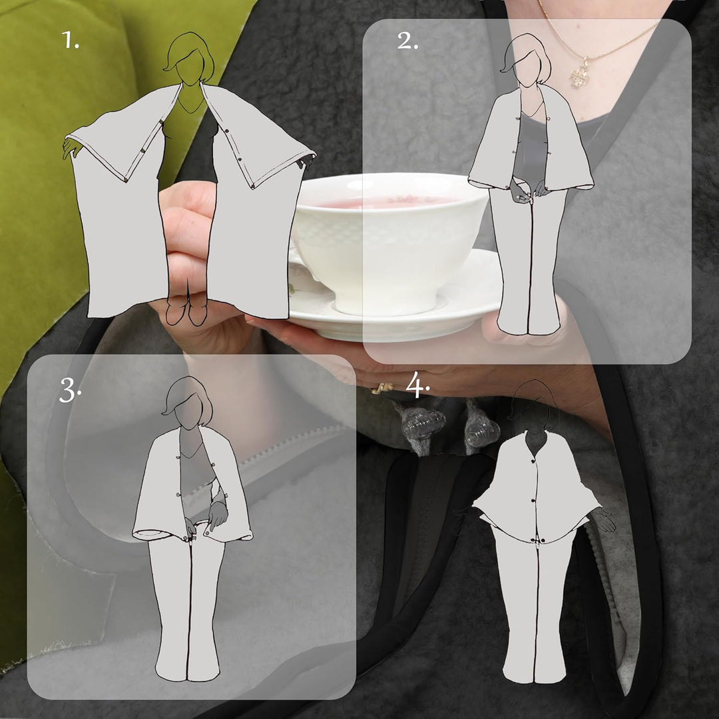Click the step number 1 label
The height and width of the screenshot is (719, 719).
(x=70, y=41)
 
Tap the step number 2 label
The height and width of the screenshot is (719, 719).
(x=407, y=41)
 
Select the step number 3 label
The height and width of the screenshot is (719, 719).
(x=70, y=391)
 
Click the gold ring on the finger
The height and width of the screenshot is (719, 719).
(x=381, y=388)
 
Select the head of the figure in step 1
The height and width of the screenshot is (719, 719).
(x=189, y=58)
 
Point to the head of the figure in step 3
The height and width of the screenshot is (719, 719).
(x=188, y=402)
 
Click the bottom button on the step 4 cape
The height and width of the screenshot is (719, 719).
(x=534, y=541)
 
